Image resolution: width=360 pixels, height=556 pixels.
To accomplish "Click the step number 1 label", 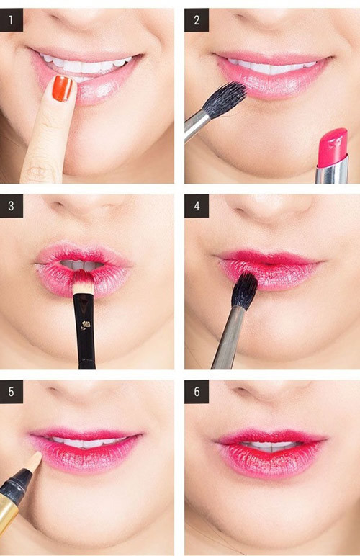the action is point(12,20).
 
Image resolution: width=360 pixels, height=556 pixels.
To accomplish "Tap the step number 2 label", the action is point(197,20).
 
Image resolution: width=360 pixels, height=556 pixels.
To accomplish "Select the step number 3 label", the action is point(12,206).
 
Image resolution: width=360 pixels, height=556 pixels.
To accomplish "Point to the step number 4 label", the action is point(197,206).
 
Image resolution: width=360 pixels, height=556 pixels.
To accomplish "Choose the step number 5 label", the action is point(12,392).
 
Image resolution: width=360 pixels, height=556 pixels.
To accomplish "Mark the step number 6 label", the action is point(197,392).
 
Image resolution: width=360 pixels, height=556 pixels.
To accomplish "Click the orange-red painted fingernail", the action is point(63,89).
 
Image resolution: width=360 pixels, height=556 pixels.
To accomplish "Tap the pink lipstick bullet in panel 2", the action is point(333,147).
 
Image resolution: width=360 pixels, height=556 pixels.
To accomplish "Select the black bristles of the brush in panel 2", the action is point(225,99).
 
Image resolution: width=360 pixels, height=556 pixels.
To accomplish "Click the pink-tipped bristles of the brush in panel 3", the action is point(84,282).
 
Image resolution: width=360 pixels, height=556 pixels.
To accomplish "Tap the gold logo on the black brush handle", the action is point(84,325).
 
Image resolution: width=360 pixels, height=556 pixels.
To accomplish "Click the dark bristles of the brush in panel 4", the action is point(245,290).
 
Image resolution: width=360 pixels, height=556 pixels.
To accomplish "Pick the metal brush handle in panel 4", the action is point(227,338).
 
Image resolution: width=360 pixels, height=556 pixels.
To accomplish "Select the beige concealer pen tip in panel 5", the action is point(35,462).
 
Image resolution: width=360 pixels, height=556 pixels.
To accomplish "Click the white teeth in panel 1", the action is point(85,66).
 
